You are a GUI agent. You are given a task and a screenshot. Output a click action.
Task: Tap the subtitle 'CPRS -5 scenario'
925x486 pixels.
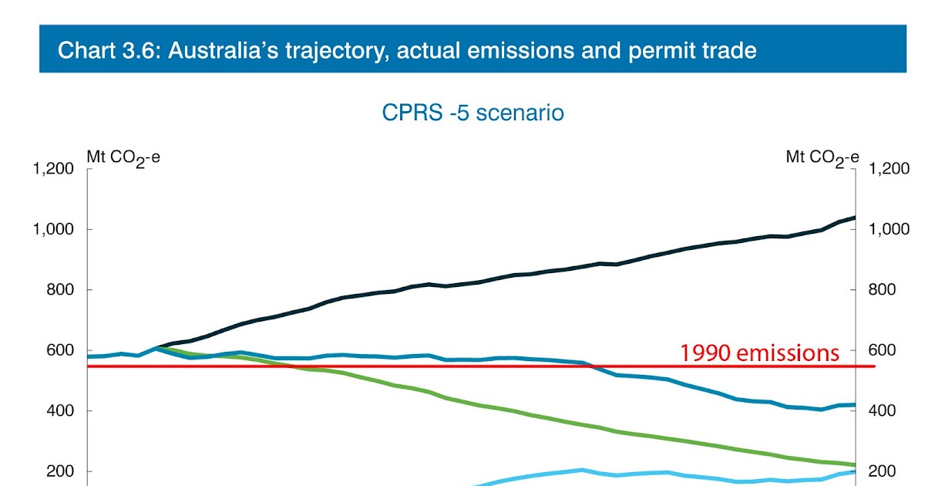[473, 113]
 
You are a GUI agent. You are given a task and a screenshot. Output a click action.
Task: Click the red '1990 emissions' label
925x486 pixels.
[759, 353]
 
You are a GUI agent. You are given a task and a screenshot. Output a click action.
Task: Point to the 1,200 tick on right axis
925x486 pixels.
[889, 169]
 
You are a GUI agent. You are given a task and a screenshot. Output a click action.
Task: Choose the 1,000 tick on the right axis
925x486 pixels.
[889, 229]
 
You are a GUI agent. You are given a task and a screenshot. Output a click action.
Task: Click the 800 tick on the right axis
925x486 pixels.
[882, 290]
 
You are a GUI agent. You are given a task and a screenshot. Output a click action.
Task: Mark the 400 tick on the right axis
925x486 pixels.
[882, 411]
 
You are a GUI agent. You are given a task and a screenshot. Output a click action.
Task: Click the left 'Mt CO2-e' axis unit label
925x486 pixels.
[118, 158]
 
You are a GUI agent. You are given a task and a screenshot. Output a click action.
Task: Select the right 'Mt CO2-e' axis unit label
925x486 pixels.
[822, 158]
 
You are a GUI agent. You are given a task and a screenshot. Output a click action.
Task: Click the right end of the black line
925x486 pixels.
[854, 218]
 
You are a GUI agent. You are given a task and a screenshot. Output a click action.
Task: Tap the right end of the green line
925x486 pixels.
[854, 464]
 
